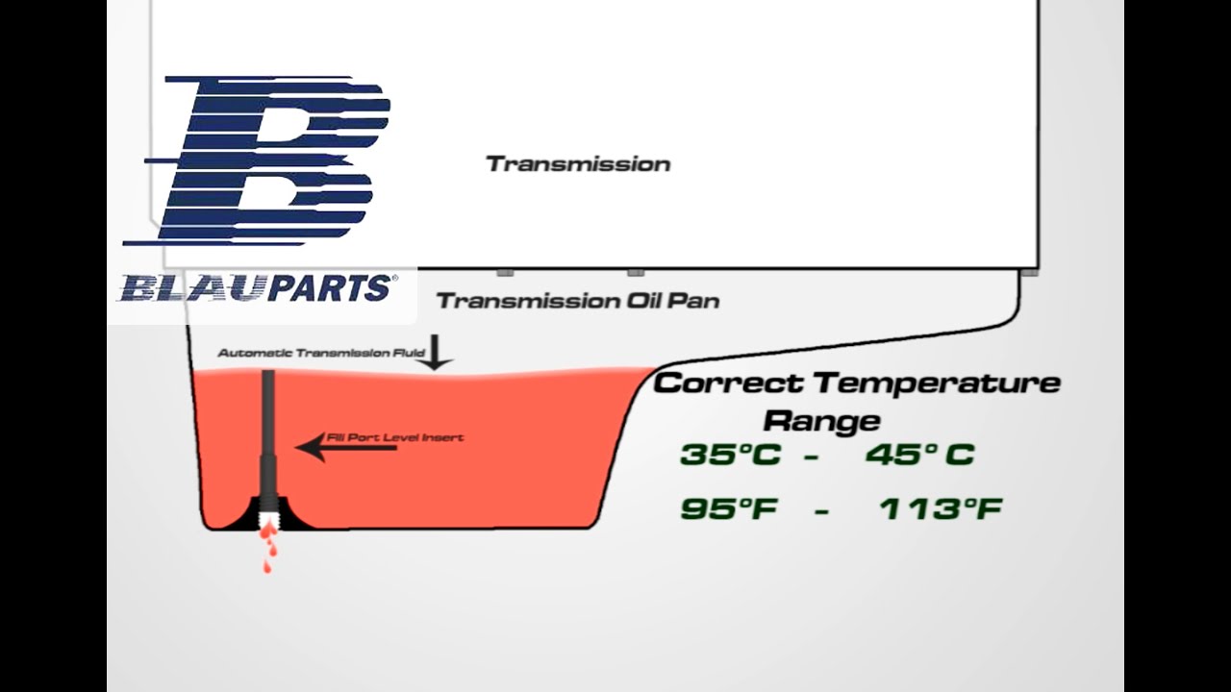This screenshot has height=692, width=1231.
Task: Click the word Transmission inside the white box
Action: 578,164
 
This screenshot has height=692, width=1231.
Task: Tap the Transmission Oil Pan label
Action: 578,301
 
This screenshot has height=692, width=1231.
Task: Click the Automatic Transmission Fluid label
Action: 321,354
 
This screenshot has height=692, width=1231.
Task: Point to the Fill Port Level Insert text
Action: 395,437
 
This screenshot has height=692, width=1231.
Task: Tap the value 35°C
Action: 730,455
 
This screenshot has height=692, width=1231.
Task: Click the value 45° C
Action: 919,455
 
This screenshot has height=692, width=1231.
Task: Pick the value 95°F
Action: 728,509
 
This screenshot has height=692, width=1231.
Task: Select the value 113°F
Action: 940,509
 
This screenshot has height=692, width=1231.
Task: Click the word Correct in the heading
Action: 728,383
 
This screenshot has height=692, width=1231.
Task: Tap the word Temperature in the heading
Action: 937,383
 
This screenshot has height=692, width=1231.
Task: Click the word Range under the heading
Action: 821,420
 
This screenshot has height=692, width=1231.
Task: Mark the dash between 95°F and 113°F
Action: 821,511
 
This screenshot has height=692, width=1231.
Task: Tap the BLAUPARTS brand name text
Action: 256,287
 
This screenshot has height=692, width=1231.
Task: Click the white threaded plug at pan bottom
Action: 270,519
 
